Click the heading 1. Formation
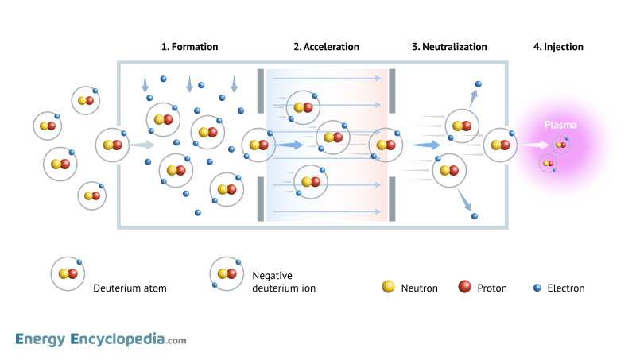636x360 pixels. tap(189, 47)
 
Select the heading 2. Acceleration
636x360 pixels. tap(326, 47)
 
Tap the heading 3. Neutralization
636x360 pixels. tap(449, 47)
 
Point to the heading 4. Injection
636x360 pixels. tap(558, 47)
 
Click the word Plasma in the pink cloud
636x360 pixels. tap(560, 125)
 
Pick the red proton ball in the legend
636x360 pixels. tap(464, 287)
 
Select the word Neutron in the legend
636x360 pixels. tap(419, 288)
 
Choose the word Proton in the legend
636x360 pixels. tap(492, 288)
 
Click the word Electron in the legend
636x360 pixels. tap(566, 288)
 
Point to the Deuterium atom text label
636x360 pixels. tap(130, 288)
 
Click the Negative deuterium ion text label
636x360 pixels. tap(284, 281)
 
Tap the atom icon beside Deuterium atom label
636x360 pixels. tap(67, 273)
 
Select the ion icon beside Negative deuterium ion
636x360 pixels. tap(226, 273)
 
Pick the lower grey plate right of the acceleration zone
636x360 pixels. tap(392, 198)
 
